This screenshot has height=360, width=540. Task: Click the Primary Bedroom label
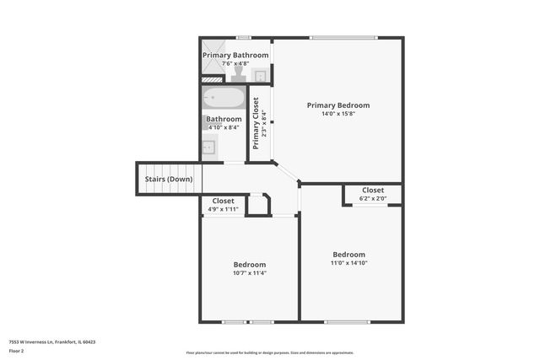337,105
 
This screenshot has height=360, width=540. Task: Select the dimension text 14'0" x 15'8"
337,115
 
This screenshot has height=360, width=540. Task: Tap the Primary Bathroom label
235,55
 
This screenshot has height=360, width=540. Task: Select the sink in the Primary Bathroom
261,76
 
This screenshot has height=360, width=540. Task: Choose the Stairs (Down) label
168,180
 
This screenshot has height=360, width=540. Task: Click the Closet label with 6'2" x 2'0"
372,191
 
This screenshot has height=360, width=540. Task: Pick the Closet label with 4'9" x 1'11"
223,201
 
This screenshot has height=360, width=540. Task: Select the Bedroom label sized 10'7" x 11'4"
249,264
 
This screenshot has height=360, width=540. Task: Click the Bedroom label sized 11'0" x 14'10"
348,255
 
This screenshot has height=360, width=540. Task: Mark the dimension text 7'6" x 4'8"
235,64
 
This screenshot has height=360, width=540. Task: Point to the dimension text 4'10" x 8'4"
224,128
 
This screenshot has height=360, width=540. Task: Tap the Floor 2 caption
17,352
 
